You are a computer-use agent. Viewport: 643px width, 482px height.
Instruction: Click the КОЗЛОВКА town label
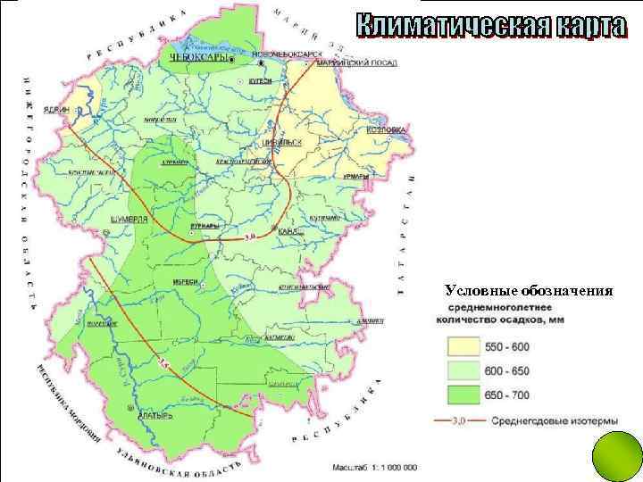pyautogui.click(x=386, y=130)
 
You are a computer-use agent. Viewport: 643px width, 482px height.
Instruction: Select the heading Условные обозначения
pyautogui.click(x=528, y=290)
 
